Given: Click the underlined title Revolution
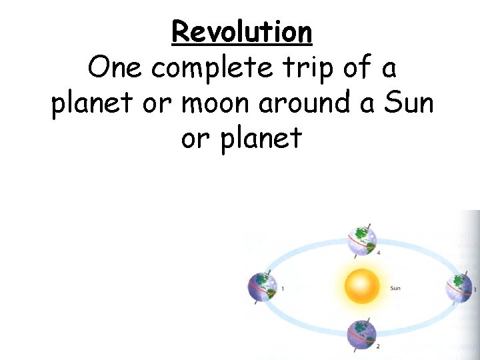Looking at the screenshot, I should click(x=241, y=31).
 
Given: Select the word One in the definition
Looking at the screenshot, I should click(x=114, y=67).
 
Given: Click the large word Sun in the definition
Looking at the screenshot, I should click(x=406, y=103).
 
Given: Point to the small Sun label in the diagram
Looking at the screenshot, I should click(x=395, y=289).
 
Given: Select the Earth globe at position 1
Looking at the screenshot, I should click(x=262, y=288).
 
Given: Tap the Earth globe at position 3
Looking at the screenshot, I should click(x=459, y=288).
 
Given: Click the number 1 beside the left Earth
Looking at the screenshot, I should click(x=283, y=289).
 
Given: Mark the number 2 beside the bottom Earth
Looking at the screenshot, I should click(x=378, y=347).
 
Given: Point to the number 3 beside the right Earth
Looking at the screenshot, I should click(x=474, y=290).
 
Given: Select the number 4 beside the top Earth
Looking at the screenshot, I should click(x=378, y=253).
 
